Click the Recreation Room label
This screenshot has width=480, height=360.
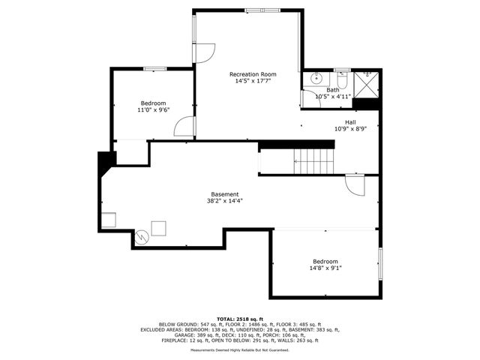tap(253, 74)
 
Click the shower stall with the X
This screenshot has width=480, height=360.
tap(366, 84)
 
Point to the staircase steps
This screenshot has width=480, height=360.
tap(313, 159)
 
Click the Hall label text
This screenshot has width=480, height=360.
tap(350, 122)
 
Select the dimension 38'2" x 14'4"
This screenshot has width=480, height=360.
tap(224, 201)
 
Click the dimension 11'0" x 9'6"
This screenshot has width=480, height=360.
tap(153, 110)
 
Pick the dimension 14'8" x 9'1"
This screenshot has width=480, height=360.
tap(325, 268)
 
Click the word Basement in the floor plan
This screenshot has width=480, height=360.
tap(224, 194)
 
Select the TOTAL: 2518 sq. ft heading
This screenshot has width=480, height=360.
tap(240, 319)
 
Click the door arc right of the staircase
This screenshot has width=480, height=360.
tap(354, 185)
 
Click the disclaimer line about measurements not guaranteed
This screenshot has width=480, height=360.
tap(240, 349)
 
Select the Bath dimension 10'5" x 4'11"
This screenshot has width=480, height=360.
tap(333, 97)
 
